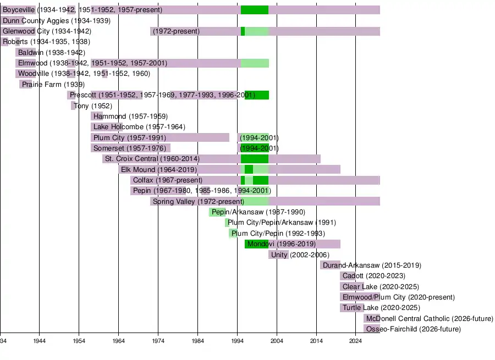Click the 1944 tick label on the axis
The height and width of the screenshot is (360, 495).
(39, 341)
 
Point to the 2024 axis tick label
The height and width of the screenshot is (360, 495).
(355, 341)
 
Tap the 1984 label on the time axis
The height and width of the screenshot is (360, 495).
(197, 341)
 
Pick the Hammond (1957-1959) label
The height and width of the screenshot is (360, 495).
(130, 117)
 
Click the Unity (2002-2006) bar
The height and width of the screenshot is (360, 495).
(278, 254)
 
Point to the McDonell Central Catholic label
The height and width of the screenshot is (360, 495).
(429, 319)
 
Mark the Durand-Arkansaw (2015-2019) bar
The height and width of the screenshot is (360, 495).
(330, 265)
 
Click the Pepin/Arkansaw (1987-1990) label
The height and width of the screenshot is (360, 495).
(258, 212)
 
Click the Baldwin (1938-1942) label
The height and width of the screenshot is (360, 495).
(51, 53)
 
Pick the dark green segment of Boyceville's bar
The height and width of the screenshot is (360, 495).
(255, 10)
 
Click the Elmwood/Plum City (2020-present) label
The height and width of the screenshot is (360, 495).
(398, 297)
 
